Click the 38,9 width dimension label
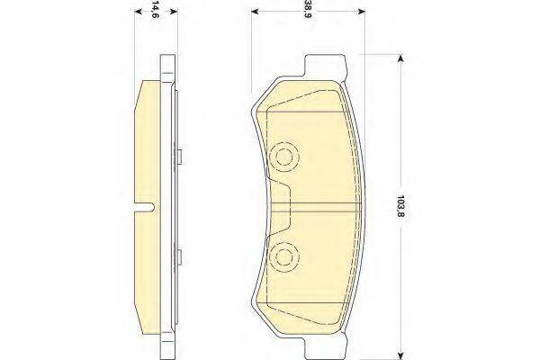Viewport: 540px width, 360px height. (x=309, y=10)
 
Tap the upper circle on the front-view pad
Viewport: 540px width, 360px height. (x=287, y=157)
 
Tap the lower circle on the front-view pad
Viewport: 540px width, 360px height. (x=287, y=256)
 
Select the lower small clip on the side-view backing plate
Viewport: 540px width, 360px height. (x=180, y=258)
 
